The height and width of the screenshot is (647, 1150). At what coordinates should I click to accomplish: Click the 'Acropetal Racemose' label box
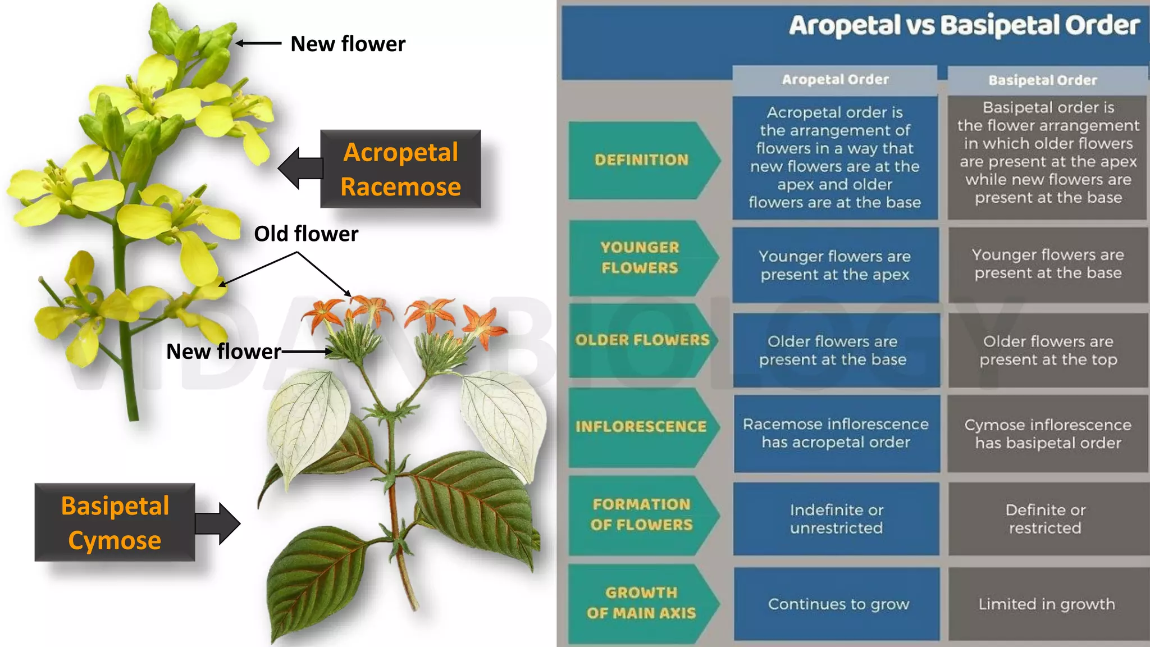coord(400,169)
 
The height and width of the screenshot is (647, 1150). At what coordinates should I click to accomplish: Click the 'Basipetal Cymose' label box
coord(115,522)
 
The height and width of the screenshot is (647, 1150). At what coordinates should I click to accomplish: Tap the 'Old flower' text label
coord(306,234)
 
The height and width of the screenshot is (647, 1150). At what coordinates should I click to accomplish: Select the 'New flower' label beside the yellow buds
coord(348,44)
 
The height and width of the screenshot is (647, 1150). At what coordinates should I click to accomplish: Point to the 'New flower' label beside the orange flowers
coord(223,352)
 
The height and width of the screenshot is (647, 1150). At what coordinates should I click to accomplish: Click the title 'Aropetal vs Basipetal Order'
coord(964,26)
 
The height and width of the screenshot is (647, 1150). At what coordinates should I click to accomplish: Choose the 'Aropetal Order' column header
coord(835,80)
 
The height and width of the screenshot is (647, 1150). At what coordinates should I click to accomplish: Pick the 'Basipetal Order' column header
coord(1042,80)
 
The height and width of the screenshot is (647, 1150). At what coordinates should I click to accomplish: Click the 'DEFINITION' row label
coord(641,160)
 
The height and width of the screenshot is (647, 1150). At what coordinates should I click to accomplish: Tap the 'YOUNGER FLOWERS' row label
coord(640,258)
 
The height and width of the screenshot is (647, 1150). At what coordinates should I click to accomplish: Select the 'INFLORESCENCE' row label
coord(641,427)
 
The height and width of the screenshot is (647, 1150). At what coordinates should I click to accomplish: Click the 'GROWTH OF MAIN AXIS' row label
coord(641,603)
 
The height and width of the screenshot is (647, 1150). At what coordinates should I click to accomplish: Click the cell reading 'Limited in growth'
coord(1047,604)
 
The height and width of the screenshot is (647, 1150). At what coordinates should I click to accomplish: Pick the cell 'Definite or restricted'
coord(1046,518)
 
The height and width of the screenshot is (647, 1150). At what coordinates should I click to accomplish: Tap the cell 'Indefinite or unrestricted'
coord(836,518)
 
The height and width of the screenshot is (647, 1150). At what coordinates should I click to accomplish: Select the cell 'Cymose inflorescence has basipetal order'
coord(1048,434)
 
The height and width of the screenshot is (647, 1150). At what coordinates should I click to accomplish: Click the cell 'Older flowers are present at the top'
coord(1048,350)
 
